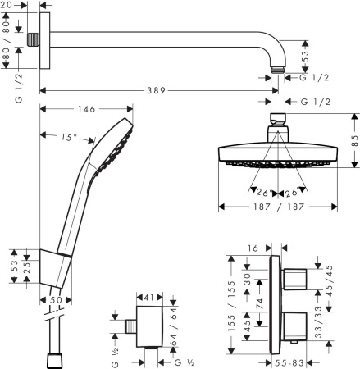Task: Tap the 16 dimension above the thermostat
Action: pos(254,245)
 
